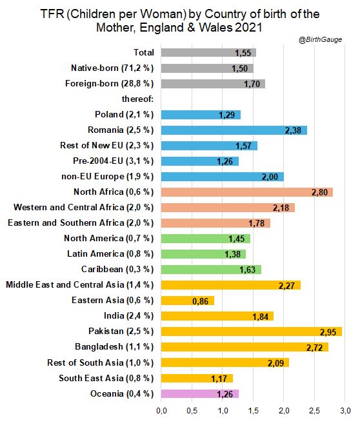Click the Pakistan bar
click(x=251, y=332)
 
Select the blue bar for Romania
click(x=234, y=130)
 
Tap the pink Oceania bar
click(x=200, y=393)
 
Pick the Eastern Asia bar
click(x=188, y=301)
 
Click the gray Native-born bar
click(x=207, y=68)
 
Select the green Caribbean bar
click(x=211, y=270)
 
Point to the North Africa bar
click(x=246, y=192)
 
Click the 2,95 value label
click(x=328, y=332)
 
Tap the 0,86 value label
click(x=200, y=301)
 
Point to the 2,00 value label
click(x=270, y=177)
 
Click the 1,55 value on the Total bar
click(x=243, y=53)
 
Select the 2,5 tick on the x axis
click(x=314, y=411)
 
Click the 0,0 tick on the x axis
click(x=161, y=411)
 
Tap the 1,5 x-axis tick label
click(x=253, y=411)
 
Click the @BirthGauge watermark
click(x=320, y=39)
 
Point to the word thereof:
click(x=137, y=99)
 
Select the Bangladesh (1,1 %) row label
click(x=114, y=347)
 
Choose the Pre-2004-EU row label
click(x=98, y=161)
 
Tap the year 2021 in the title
click(x=248, y=28)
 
